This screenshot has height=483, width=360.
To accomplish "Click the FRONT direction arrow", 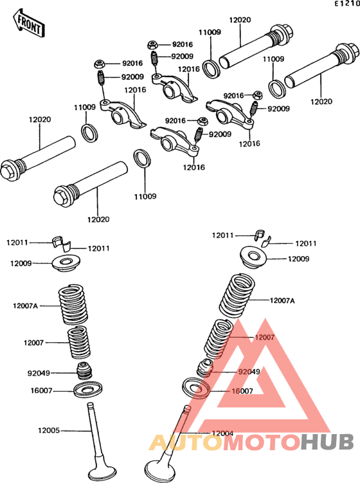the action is (x=29, y=24).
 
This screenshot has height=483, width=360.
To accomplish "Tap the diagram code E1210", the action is (x=347, y=4).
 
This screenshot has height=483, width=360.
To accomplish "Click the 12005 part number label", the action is (x=49, y=430).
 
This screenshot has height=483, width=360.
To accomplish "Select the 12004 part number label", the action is (x=222, y=433).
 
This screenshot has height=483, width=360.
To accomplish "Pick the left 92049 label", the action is (x=39, y=373).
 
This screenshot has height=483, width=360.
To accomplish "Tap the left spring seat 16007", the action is (x=88, y=389).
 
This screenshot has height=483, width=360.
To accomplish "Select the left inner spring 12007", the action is (x=79, y=343).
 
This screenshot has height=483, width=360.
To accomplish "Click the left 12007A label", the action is (x=25, y=306).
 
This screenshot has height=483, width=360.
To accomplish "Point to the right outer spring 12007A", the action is (x=237, y=296).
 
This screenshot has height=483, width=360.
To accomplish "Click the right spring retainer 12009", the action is (x=254, y=257).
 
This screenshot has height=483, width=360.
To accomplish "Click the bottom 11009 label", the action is (x=145, y=196).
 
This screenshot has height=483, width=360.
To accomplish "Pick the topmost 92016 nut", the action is (x=153, y=45).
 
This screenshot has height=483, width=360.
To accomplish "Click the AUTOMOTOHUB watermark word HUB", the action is (x=327, y=442).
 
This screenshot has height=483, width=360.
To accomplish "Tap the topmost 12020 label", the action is (x=240, y=20).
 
